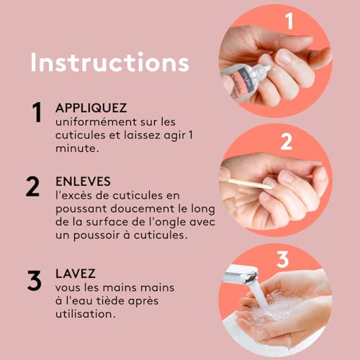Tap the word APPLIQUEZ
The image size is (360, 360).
point(91,108)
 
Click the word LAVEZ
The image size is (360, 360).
point(76,274)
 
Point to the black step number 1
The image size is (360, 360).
point(35,113)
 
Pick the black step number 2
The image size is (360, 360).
point(33,186)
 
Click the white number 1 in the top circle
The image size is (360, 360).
point(290,20)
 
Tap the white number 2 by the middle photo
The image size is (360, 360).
point(285,141)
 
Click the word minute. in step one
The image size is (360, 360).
point(76,148)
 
